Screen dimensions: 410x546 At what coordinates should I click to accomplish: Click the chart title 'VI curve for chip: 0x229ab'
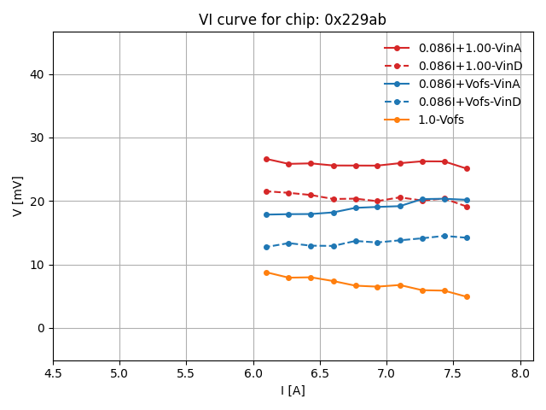293,20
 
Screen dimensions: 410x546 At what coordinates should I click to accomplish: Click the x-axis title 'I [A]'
293,390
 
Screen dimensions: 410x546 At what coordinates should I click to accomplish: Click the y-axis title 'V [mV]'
18,196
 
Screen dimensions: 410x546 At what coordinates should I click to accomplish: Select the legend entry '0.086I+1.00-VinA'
469,48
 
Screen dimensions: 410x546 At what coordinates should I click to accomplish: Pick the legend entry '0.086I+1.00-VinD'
469,66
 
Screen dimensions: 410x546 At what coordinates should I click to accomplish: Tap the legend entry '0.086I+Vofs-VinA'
469,84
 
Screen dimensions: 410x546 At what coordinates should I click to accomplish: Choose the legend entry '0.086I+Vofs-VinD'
469,102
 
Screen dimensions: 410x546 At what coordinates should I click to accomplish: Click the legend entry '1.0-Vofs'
441,120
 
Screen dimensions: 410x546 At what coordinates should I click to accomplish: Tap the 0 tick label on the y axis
42,328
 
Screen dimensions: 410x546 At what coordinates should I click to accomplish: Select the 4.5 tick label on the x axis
53,373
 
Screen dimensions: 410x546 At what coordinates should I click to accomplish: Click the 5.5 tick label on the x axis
187,373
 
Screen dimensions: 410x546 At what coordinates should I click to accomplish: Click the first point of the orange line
266,272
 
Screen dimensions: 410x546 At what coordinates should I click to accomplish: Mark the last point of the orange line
467,296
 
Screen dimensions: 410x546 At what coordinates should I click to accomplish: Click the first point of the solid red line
266,159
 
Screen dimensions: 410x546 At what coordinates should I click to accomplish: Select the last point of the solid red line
467,168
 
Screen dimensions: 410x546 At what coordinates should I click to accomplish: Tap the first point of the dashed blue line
266,247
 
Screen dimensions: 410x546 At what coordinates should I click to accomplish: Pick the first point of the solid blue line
266,214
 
